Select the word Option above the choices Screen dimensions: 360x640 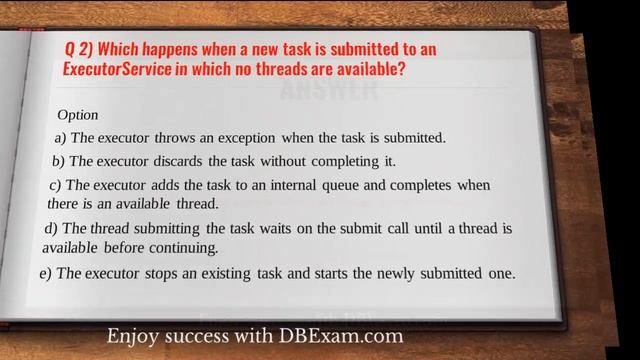(77, 115)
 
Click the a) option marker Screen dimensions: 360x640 (60, 137)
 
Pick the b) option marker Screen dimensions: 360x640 (58, 160)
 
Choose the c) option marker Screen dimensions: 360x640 (56, 185)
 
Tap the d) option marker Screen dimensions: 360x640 (53, 229)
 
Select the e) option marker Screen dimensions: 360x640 (45, 272)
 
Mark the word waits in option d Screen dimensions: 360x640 (266, 229)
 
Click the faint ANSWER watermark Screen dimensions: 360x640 (329, 91)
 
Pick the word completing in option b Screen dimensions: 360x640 (346, 160)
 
